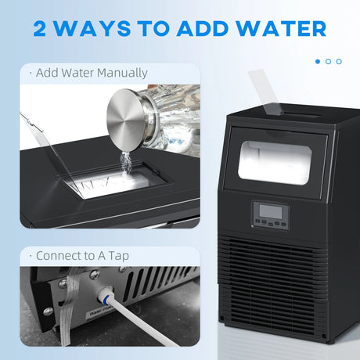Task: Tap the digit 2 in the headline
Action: tap(44, 29)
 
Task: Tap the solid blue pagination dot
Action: tap(318, 60)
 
